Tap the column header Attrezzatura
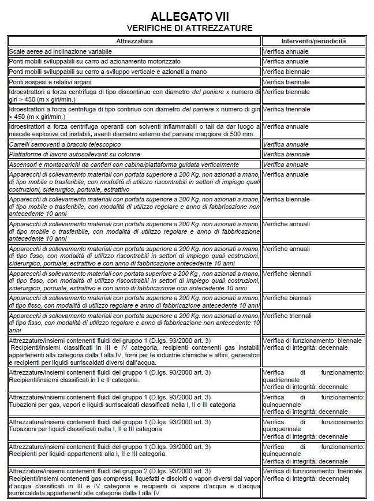click(134, 42)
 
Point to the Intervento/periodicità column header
click(313, 42)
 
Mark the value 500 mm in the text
click(244, 134)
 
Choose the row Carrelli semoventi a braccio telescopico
click(65, 144)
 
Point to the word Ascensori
click(23, 164)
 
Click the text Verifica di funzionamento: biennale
click(312, 341)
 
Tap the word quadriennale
click(281, 380)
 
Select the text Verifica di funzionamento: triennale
click(312, 471)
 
